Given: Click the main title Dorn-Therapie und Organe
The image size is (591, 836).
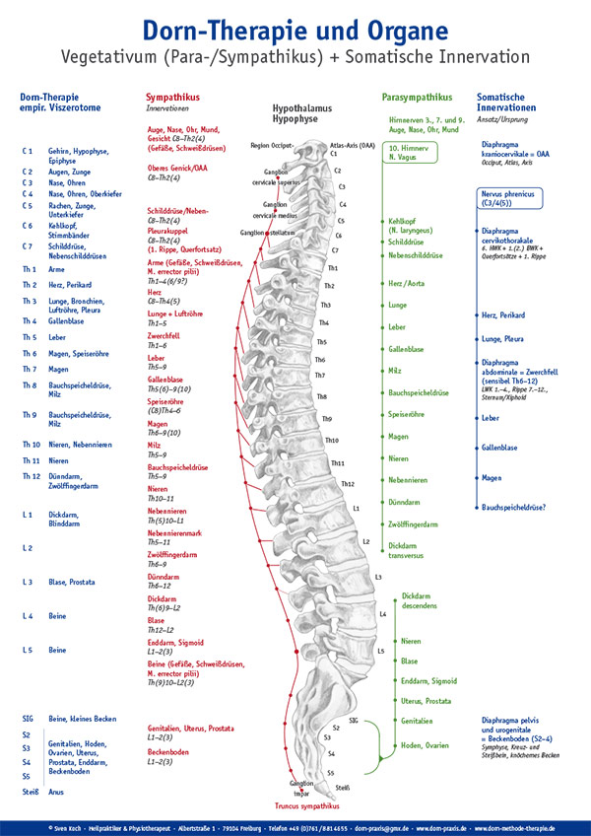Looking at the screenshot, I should click(295, 26).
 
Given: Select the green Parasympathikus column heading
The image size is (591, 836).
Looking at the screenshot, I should click(417, 98).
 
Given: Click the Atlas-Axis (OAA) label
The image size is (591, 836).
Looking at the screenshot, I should click(353, 144).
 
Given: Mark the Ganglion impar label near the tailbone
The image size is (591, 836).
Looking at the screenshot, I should click(301, 786).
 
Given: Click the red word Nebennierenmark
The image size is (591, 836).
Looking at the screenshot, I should click(176, 533).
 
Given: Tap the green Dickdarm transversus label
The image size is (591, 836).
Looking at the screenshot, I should click(411, 549).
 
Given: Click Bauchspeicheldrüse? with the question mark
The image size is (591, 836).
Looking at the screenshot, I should click(514, 507).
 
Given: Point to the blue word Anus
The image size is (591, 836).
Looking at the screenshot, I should click(55, 791).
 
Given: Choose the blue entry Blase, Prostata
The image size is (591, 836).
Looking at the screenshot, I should click(71, 583).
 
